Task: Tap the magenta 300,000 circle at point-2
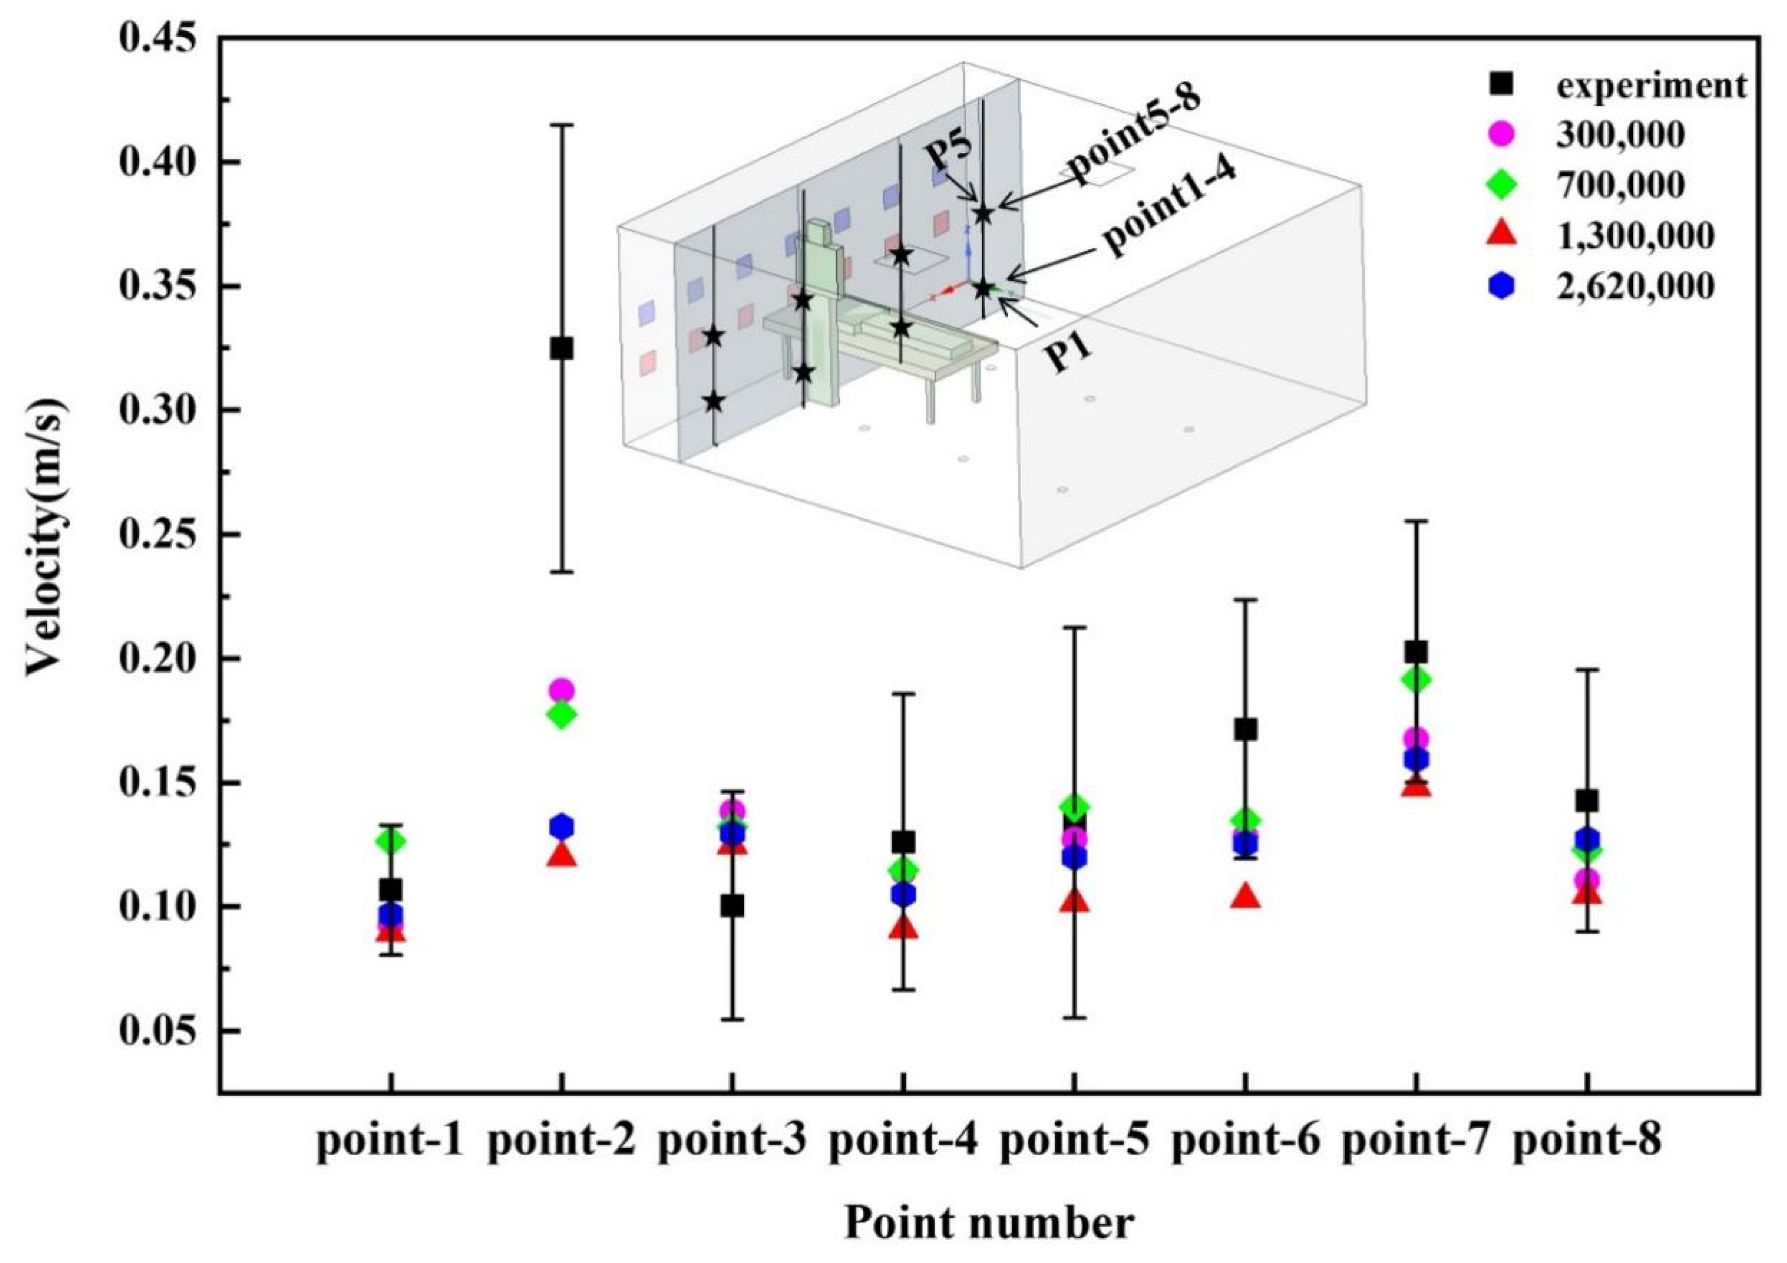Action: pos(561,690)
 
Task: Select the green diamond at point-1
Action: pos(391,841)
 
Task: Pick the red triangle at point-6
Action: pos(1246,897)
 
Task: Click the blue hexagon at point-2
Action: pos(561,826)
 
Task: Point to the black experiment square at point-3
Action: pos(732,906)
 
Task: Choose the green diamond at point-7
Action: pos(1416,679)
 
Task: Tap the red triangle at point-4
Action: pos(903,927)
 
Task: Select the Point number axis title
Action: pos(988,1224)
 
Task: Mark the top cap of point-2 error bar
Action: pos(561,125)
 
